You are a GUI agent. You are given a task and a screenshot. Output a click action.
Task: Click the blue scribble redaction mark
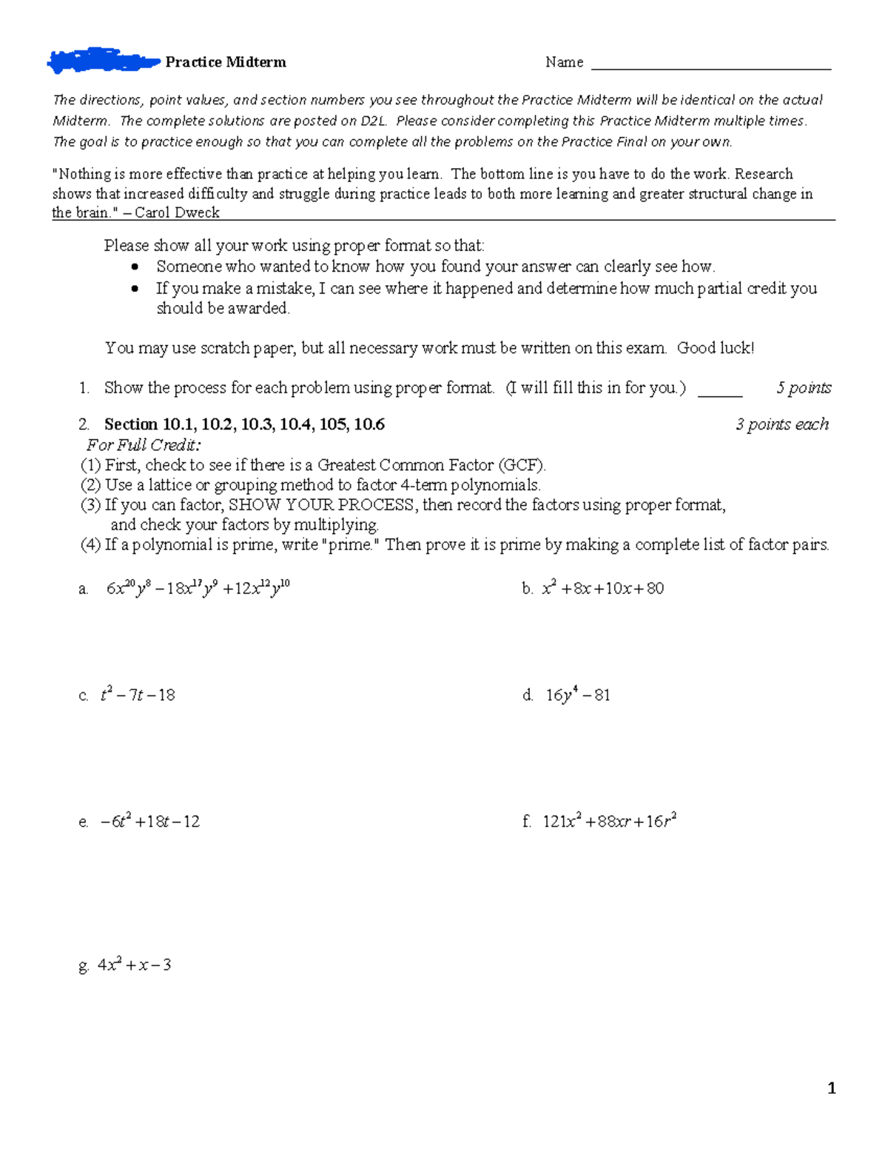click(x=102, y=61)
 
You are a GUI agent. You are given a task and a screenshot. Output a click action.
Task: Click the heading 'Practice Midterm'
click(x=226, y=62)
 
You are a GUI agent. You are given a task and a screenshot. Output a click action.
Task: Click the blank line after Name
click(x=710, y=65)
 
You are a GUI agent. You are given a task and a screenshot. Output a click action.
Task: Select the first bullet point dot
click(x=135, y=267)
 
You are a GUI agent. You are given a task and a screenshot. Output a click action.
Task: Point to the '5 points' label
click(x=804, y=388)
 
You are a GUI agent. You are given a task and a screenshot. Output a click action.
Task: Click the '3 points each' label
click(x=781, y=424)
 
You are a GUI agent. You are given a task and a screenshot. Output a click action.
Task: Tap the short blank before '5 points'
click(x=719, y=392)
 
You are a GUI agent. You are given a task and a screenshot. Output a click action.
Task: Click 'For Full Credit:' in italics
click(x=144, y=445)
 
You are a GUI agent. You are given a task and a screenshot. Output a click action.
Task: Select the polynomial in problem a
click(x=198, y=589)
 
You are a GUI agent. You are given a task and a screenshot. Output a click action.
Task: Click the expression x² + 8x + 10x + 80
click(x=602, y=589)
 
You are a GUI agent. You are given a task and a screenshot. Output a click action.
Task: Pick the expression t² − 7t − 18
click(x=138, y=695)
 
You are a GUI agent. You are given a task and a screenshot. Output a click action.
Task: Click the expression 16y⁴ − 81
click(x=577, y=695)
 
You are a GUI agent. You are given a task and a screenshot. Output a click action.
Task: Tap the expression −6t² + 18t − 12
click(x=150, y=821)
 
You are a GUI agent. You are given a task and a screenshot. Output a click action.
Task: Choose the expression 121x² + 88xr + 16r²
click(x=609, y=821)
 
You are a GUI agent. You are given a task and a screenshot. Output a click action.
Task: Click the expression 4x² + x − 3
click(x=135, y=965)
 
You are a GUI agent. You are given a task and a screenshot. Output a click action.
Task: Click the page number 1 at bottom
click(x=832, y=1088)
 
